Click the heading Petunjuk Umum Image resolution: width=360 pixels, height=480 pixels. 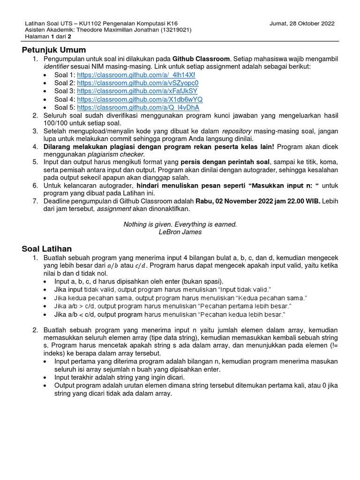coord(54,50)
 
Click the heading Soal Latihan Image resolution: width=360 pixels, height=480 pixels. coord(47,248)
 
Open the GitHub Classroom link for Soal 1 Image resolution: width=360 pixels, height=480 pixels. coord(136,75)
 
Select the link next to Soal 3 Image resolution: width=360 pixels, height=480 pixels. coord(137,91)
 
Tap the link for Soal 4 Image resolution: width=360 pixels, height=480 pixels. coord(140,99)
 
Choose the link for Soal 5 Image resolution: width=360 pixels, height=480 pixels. coord(138,107)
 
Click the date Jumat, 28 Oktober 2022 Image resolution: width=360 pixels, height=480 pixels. coord(302,23)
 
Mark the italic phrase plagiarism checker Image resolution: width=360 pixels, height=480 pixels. coord(116,154)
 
